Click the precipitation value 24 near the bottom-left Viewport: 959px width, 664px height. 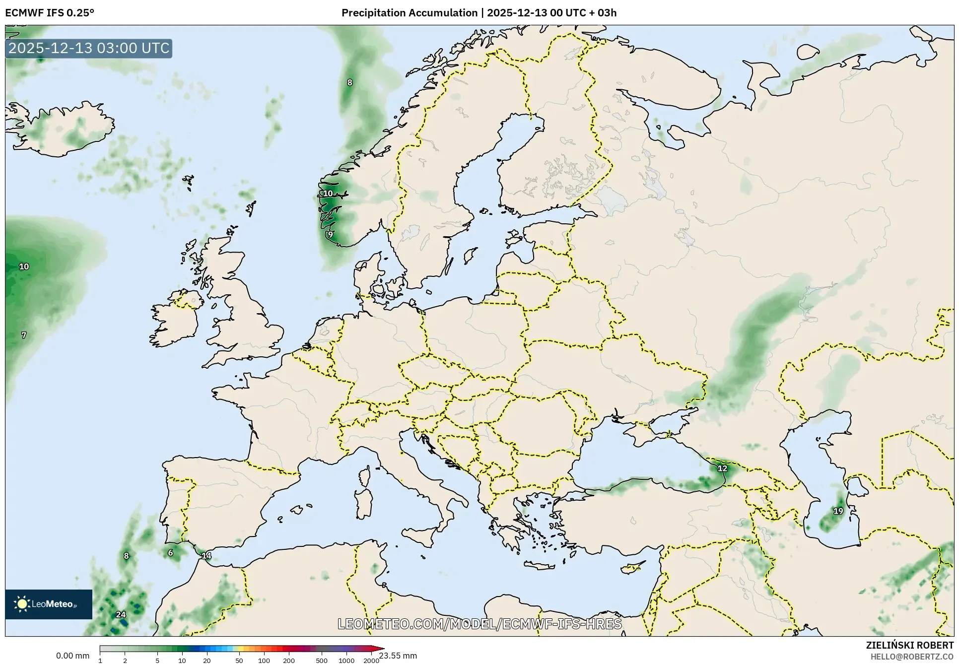[121, 614]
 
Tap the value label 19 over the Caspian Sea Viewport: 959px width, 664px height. [838, 511]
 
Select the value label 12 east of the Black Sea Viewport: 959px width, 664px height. [722, 468]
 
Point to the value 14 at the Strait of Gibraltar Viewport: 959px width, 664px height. [206, 556]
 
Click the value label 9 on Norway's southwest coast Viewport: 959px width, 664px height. [330, 235]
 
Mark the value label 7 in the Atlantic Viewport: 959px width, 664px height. [24, 335]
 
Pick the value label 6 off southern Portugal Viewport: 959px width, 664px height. [170, 553]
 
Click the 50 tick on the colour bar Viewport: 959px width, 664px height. [239, 661]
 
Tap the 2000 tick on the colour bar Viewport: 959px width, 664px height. [371, 661]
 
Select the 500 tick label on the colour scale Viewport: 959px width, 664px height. [321, 661]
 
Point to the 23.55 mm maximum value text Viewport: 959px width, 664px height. [398, 656]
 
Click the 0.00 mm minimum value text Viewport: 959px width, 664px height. [72, 656]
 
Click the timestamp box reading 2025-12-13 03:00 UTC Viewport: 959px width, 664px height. [89, 48]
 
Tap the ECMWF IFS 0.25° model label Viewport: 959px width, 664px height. [50, 13]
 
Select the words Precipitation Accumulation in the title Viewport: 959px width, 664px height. [409, 13]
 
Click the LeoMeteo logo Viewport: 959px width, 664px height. [49, 604]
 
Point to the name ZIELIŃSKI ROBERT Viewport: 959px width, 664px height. [909, 645]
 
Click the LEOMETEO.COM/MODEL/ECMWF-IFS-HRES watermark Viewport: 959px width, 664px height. [479, 624]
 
